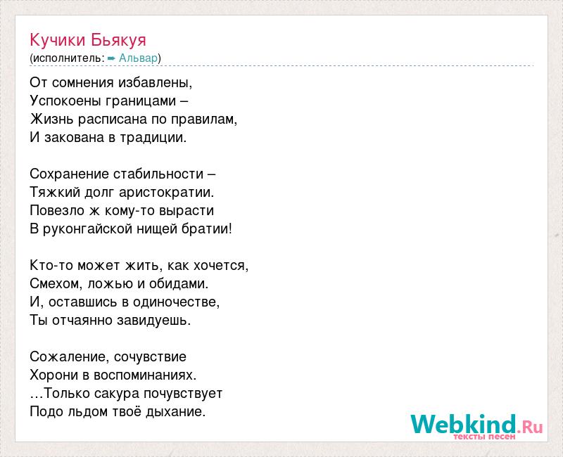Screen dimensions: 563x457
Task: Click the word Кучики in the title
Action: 58,40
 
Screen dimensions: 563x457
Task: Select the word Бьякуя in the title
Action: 118,40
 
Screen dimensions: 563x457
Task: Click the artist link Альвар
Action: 138,58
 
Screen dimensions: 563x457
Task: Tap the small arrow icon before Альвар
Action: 111,58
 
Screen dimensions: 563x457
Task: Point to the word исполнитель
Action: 67,58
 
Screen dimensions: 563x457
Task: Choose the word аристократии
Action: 164,193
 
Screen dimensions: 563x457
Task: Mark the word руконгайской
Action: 87,229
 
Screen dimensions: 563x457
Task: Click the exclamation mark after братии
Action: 230,229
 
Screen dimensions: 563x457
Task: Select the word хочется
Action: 219,266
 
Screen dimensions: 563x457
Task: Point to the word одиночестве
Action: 174,302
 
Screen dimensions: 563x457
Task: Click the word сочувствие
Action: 150,357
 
